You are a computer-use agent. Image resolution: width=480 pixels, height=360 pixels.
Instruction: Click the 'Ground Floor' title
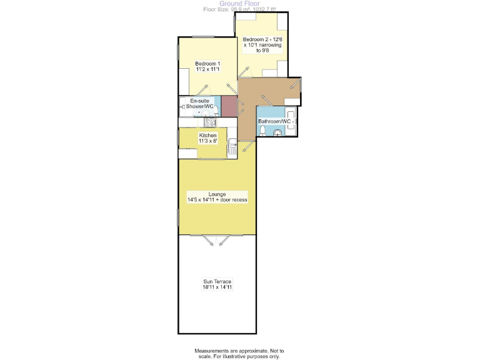(239, 3)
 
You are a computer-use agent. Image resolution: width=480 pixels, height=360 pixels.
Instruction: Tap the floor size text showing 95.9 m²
(239, 9)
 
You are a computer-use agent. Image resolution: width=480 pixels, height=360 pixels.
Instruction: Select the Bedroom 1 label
(207, 66)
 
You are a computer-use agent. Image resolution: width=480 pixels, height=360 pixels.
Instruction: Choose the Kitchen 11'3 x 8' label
(207, 138)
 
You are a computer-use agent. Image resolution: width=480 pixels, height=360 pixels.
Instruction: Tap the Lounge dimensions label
(217, 197)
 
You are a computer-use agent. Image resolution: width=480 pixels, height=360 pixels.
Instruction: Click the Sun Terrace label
(217, 284)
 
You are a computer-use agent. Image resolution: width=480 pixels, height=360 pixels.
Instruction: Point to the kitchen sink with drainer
(232, 148)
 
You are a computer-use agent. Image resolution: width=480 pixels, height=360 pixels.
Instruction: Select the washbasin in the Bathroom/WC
(278, 132)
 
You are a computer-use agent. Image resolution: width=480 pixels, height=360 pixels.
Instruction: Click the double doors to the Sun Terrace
(217, 238)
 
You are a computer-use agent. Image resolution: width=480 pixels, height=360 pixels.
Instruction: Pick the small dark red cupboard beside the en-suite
(229, 106)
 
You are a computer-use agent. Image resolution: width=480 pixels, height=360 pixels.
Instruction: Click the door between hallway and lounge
(248, 147)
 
